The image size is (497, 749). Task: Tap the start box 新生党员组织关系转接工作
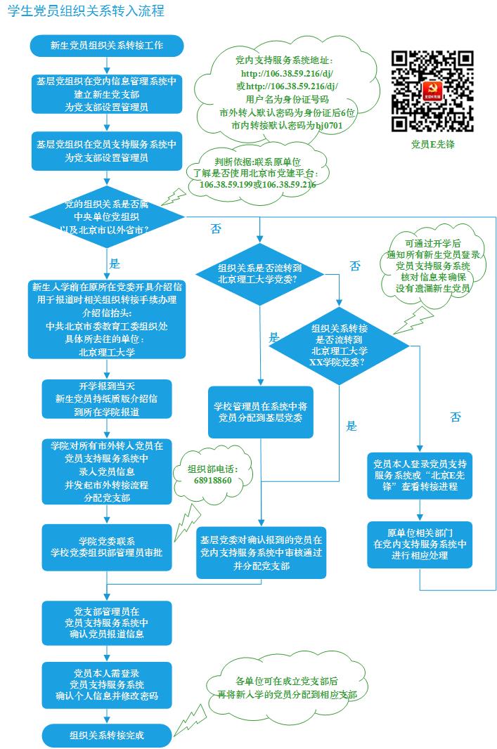coord(107,46)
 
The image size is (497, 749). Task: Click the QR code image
coord(432,91)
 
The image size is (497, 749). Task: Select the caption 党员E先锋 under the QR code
coord(432,145)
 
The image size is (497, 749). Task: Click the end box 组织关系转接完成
coord(107,735)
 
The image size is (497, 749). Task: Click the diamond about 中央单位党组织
coord(106,216)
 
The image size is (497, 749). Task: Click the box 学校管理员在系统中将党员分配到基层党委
coord(260,412)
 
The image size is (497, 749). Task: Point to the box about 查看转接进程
coord(420,476)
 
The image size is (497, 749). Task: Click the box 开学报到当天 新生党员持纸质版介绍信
coord(107,399)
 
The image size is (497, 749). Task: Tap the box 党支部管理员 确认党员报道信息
coord(107,623)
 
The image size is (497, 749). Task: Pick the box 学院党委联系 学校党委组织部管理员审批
coord(107,547)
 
